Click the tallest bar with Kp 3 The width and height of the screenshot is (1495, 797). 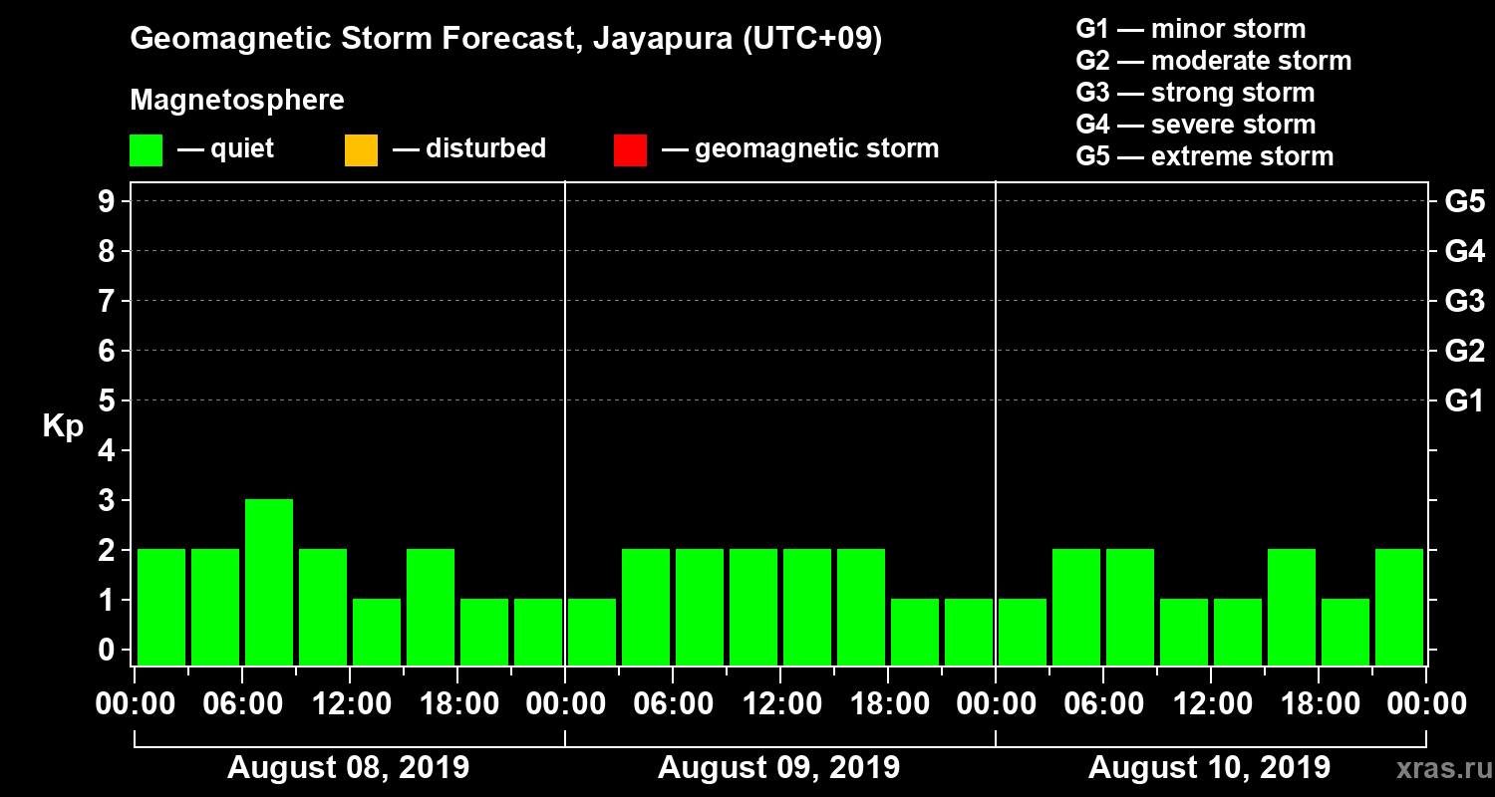269,582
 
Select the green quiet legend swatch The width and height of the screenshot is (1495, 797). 146,150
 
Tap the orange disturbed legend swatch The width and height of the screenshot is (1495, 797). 361,150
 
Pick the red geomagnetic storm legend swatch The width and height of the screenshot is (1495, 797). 630,150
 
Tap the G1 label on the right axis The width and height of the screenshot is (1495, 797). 1464,401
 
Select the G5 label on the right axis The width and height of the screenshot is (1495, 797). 1464,202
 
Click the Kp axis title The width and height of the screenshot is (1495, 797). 63,426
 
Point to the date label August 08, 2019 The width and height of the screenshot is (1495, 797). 349,768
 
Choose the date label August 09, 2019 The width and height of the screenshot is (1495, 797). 779,768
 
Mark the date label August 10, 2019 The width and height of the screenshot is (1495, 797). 1209,768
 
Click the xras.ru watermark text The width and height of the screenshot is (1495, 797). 1437,769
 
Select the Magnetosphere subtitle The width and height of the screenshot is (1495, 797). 237,101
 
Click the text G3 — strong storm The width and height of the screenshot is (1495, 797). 1195,93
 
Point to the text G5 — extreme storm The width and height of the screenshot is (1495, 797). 1204,156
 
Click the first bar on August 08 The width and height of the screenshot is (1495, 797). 161,607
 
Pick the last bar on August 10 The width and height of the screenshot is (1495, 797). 1399,607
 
